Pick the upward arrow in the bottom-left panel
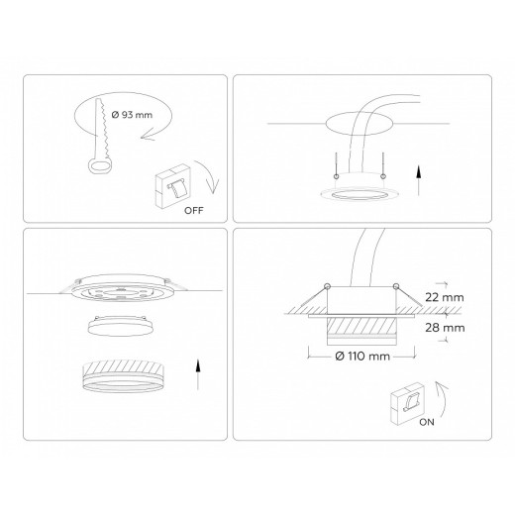click(199, 377)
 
